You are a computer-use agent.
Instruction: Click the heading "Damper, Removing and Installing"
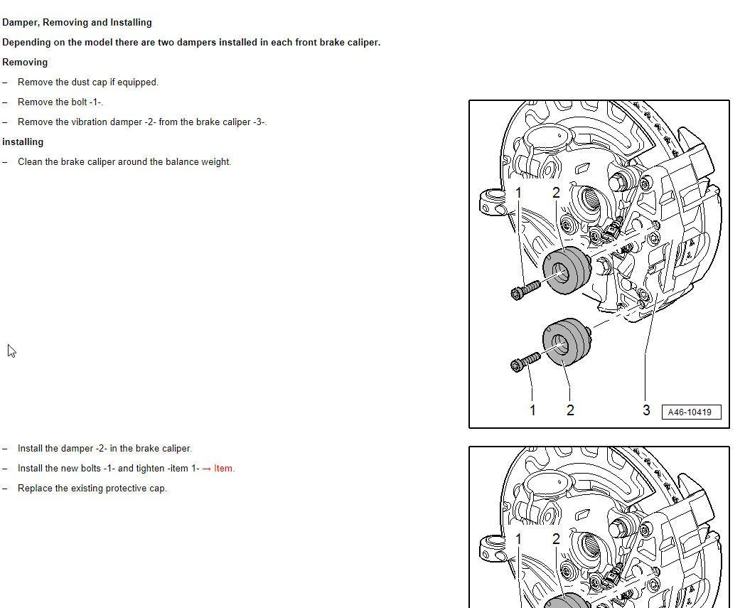[77, 23]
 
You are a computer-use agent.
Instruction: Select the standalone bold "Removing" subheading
[25, 63]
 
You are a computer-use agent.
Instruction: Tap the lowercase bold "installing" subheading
[23, 142]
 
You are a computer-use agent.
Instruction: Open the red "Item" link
[223, 469]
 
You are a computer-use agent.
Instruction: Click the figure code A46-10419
[690, 412]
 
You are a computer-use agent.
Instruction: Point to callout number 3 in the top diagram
[645, 410]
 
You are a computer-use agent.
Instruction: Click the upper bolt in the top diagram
[525, 289]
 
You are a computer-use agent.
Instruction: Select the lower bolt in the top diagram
[525, 362]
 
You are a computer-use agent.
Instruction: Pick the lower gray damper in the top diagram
[566, 342]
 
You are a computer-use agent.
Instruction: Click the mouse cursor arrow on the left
[11, 351]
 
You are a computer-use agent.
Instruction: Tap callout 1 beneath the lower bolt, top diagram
[532, 410]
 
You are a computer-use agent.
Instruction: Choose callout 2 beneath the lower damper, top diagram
[570, 410]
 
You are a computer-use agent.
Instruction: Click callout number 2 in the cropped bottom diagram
[556, 540]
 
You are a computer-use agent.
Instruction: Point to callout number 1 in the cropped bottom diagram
[518, 540]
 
